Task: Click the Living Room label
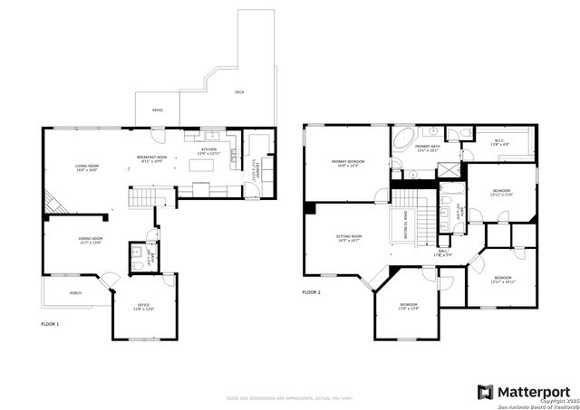pyautogui.click(x=87, y=167)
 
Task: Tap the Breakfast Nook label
pyautogui.click(x=151, y=159)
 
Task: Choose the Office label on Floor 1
pyautogui.click(x=143, y=307)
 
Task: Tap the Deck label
pyautogui.click(x=239, y=92)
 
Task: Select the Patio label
pyautogui.click(x=157, y=110)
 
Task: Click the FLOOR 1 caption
pyautogui.click(x=51, y=323)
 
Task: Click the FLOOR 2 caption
pyautogui.click(x=312, y=292)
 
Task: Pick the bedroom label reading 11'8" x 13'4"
pyautogui.click(x=409, y=306)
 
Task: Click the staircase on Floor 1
pyautogui.click(x=143, y=197)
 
